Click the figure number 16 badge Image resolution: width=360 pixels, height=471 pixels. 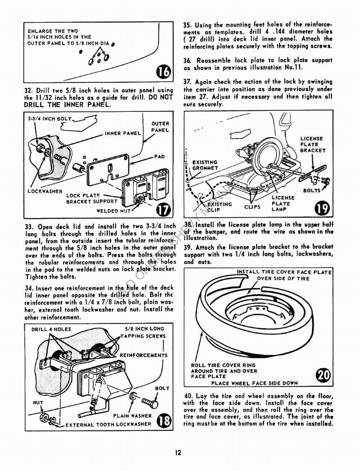click(x=163, y=72)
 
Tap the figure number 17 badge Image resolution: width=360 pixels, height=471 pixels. click(x=163, y=209)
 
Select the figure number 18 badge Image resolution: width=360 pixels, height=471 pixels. click(x=163, y=420)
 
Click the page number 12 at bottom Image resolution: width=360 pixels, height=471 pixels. click(x=178, y=453)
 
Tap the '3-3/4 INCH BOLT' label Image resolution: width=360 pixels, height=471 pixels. click(x=49, y=119)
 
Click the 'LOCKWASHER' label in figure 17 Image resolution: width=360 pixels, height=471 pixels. click(x=44, y=191)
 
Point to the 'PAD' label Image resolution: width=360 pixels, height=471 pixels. click(x=159, y=157)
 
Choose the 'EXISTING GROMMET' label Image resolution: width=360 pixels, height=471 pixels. click(x=205, y=165)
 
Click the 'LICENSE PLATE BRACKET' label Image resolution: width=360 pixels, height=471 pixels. click(x=313, y=144)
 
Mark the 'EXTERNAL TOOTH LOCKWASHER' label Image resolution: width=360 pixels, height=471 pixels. click(x=108, y=424)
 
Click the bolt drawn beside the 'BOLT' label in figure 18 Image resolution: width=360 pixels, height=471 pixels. click(x=150, y=403)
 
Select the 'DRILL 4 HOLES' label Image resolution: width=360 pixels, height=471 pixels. click(x=51, y=329)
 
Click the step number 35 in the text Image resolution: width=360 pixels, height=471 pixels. click(x=187, y=24)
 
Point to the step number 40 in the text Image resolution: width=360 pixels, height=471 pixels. click(x=188, y=396)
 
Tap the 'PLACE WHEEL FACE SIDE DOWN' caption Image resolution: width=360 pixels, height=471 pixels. click(x=254, y=383)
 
